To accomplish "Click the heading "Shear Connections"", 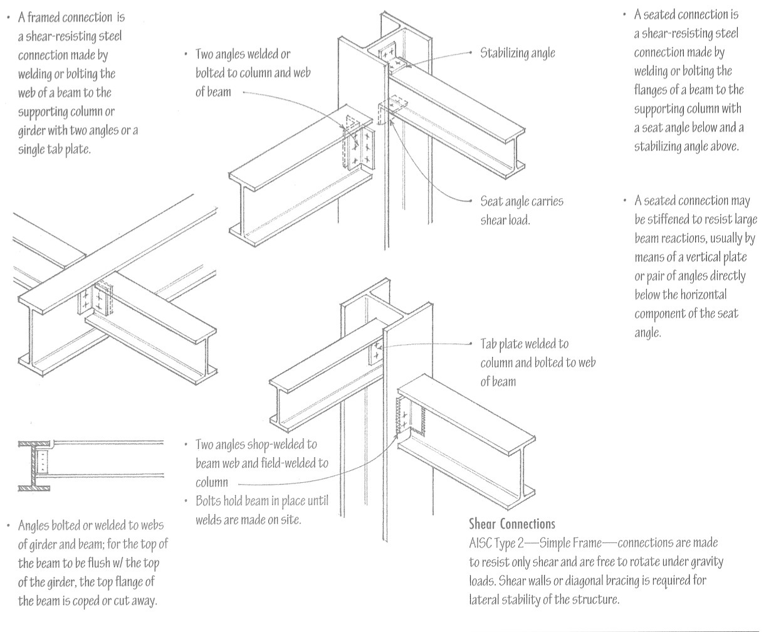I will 511,524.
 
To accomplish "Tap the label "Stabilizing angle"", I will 517,53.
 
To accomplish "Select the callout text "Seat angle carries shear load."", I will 522,211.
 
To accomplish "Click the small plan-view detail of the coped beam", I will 90,465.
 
